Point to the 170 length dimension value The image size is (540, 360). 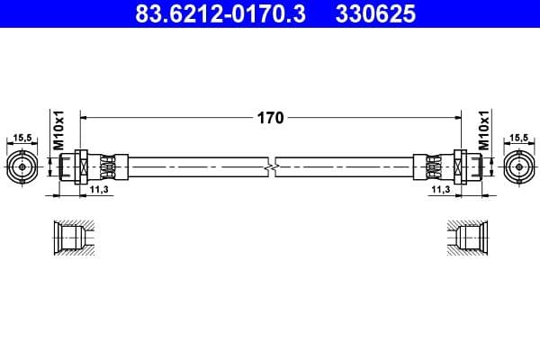271,118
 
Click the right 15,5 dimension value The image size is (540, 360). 519,138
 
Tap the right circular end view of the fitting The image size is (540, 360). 519,167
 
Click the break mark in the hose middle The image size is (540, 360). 271,167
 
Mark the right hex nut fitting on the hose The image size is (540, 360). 462,167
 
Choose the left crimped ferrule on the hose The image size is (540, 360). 110,167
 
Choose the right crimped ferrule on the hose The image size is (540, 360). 430,167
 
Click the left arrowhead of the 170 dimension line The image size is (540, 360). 85,117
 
